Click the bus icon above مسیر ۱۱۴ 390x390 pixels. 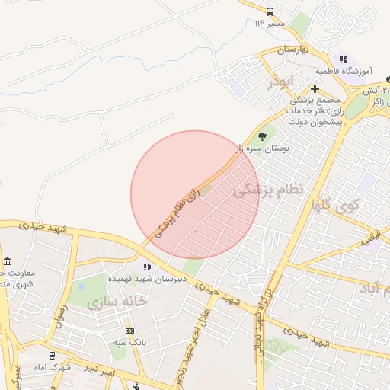coord(270,11)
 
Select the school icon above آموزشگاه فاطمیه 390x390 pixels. coord(344,59)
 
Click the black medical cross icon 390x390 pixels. coord(315,88)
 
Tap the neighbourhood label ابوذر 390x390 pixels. coord(280,81)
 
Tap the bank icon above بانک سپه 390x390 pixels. coord(129,331)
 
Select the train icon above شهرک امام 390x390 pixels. coord(52,356)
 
